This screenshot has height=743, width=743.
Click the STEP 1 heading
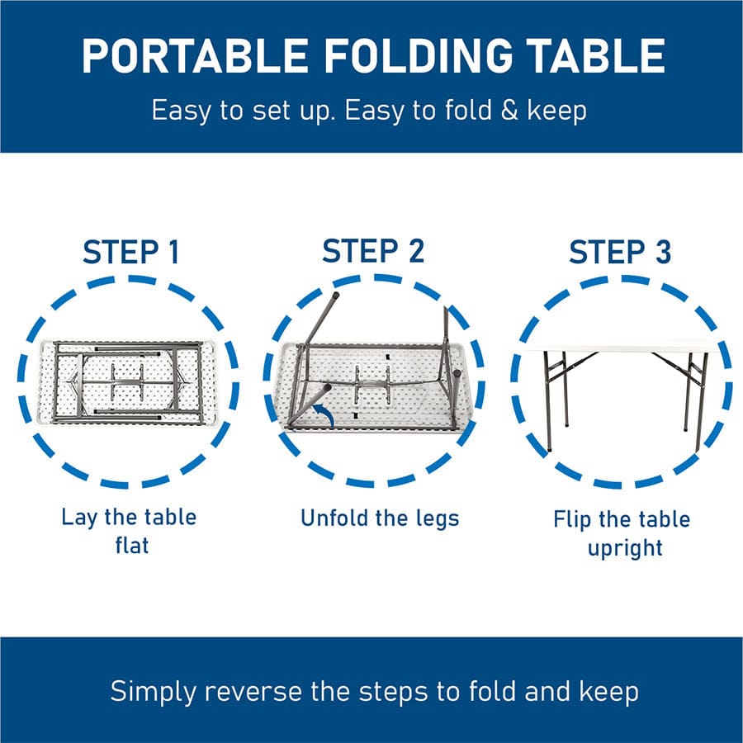click(130, 252)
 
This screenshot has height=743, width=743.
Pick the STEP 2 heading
click(373, 252)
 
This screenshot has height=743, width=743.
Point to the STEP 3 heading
click(620, 253)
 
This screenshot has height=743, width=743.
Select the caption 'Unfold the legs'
click(379, 518)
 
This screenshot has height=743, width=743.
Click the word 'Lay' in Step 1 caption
click(80, 518)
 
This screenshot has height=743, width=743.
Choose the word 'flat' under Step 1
click(130, 545)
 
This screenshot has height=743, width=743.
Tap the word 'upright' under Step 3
click(625, 547)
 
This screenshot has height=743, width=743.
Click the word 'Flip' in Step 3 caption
click(570, 519)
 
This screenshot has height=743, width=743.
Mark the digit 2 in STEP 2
click(414, 252)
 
